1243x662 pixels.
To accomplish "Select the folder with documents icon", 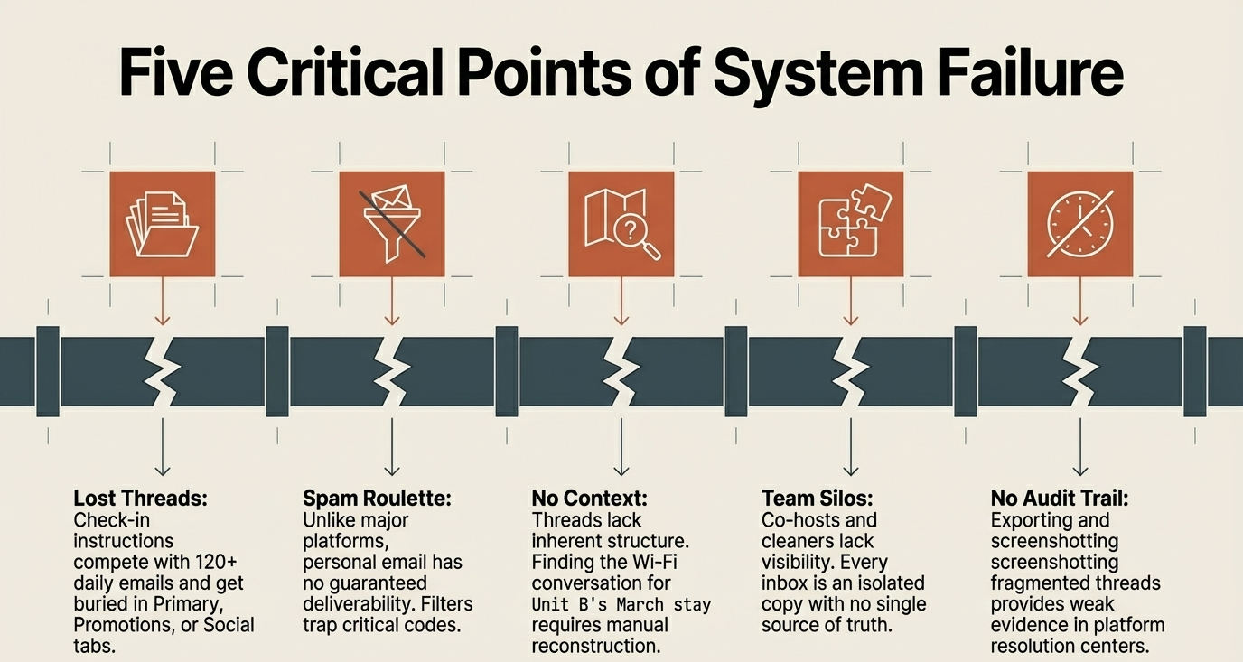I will pyautogui.click(x=163, y=224).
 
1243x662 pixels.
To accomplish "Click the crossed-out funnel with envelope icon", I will pyautogui.click(x=392, y=224).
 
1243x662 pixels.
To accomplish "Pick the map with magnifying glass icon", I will pyautogui.click(x=621, y=224).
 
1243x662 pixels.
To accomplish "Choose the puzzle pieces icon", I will pyautogui.click(x=851, y=224).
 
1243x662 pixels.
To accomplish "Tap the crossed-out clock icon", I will pyautogui.click(x=1080, y=224).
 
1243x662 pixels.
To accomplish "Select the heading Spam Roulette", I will pyautogui.click(x=377, y=499).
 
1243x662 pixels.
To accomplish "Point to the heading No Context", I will pyautogui.click(x=590, y=499).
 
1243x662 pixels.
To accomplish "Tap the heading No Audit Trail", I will pyautogui.click(x=1060, y=499).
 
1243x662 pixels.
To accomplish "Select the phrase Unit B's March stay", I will pyautogui.click(x=621, y=604).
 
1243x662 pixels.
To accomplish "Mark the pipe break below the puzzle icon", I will pyautogui.click(x=851, y=370).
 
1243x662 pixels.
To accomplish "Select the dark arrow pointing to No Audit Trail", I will pyautogui.click(x=1080, y=446).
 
